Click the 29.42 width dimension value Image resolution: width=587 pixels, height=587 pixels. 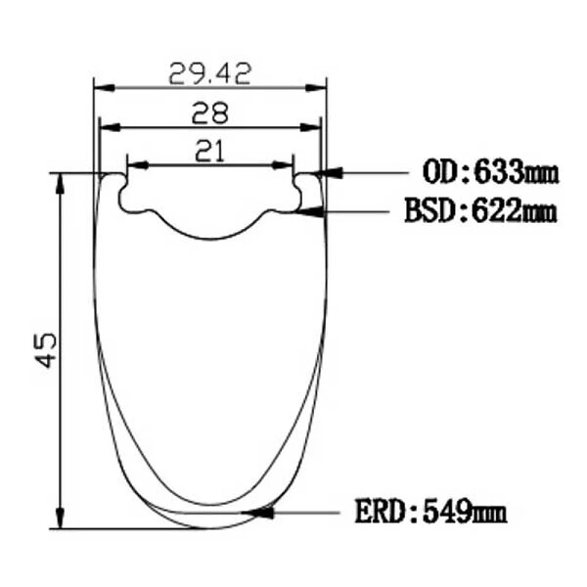pyautogui.click(x=209, y=74)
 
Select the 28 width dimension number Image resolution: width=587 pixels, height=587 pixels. pyautogui.click(x=209, y=113)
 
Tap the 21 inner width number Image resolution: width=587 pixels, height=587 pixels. pyautogui.click(x=209, y=151)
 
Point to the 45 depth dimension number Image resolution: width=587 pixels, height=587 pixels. pyautogui.click(x=46, y=351)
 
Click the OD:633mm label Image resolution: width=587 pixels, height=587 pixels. pyautogui.click(x=490, y=172)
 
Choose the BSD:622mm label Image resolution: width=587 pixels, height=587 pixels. pyautogui.click(x=481, y=211)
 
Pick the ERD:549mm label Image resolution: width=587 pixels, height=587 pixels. pyautogui.click(x=430, y=511)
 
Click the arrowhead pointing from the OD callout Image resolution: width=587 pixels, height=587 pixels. pyautogui.click(x=329, y=172)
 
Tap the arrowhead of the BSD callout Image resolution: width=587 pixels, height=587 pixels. pyautogui.click(x=309, y=212)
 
